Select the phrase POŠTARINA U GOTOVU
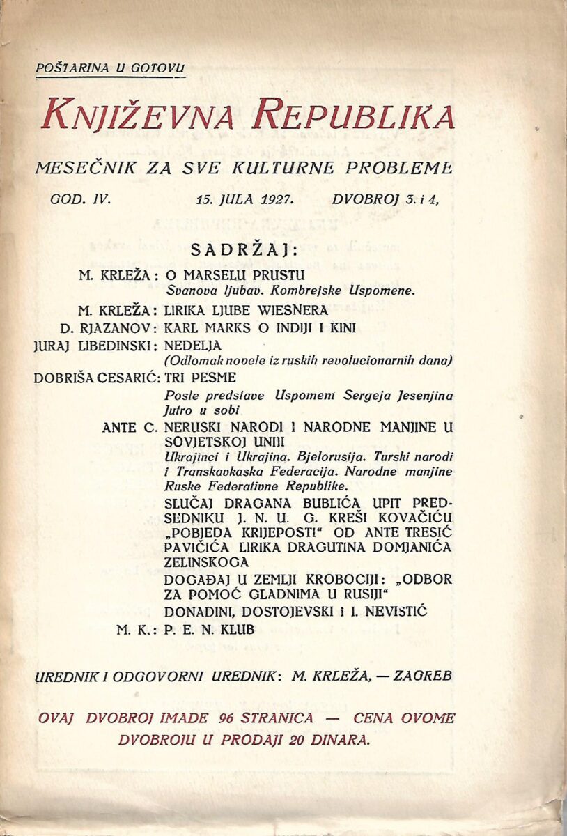[111, 68]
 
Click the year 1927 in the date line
[279, 199]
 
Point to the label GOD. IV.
[81, 199]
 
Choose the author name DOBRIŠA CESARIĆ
[97, 378]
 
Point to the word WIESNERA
[288, 313]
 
